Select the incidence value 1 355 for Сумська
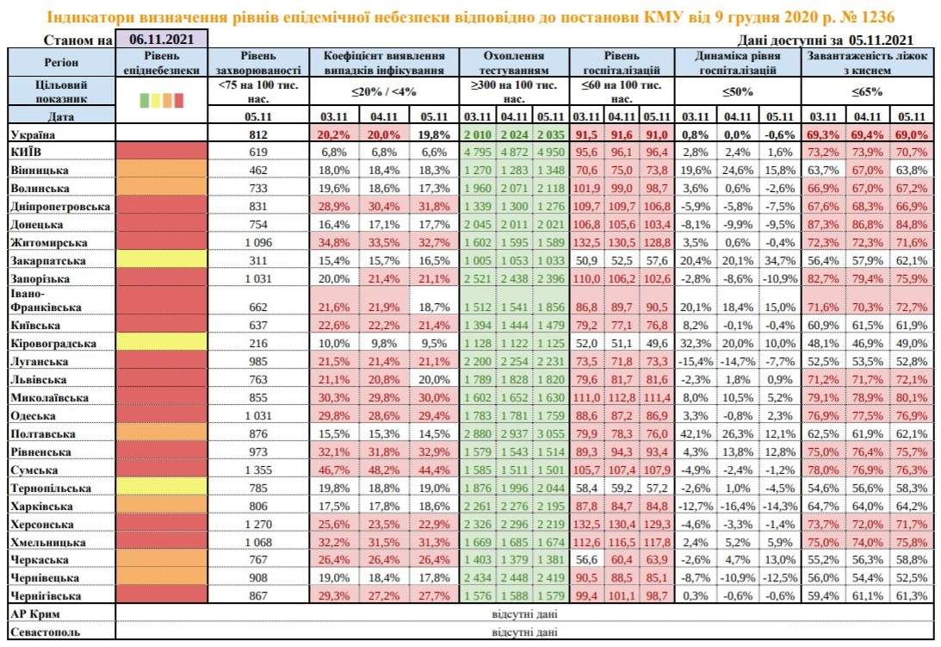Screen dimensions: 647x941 pos(257,470)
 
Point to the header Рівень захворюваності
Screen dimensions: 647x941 pos(257,62)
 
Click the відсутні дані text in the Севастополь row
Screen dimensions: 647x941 pos(524,632)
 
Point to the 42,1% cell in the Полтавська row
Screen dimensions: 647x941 pos(695,434)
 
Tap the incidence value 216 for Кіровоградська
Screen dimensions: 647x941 pos(257,343)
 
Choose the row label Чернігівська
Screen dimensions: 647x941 pos(45,596)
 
